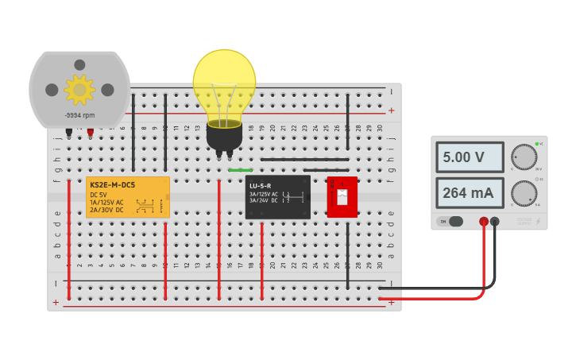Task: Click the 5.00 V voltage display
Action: click(470, 157)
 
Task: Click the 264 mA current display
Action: click(470, 193)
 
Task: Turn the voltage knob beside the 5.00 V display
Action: click(524, 157)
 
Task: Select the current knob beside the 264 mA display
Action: click(524, 193)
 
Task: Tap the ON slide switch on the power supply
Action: click(454, 222)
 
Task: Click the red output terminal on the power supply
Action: click(484, 222)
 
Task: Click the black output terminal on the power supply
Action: click(495, 222)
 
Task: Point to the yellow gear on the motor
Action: click(79, 90)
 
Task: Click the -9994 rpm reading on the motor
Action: click(79, 115)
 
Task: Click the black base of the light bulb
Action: click(224, 137)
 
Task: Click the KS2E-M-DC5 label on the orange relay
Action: click(113, 185)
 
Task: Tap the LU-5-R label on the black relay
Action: click(261, 185)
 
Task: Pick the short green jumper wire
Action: click(240, 170)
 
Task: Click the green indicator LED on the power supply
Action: click(537, 144)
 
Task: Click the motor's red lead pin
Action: click(90, 132)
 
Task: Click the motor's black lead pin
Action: click(69, 132)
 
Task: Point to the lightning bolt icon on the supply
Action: click(539, 222)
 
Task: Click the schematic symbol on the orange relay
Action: click(145, 206)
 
